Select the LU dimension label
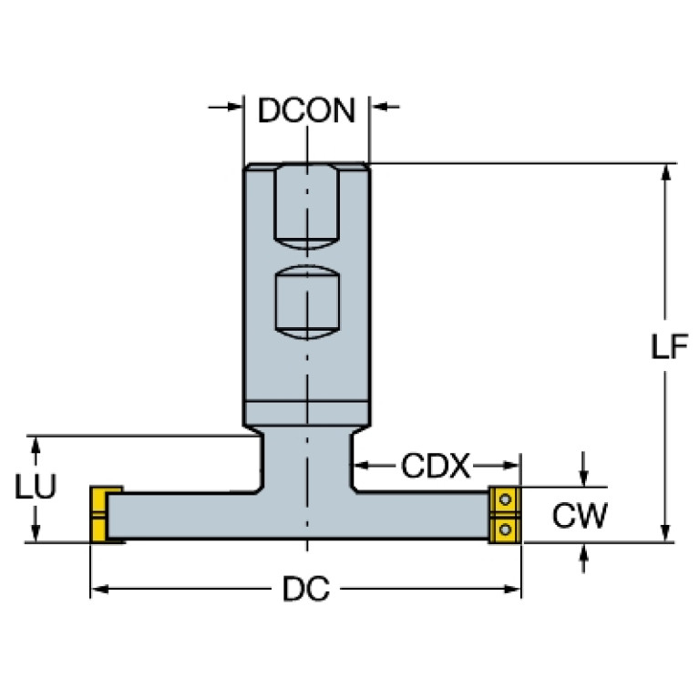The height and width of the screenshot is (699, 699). (x=36, y=488)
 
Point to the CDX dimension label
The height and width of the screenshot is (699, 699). (x=435, y=468)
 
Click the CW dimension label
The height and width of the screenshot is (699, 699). (x=581, y=516)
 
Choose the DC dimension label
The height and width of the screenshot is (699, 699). (x=306, y=591)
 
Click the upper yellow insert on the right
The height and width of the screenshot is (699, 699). (x=504, y=500)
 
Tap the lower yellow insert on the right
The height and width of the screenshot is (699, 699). (x=504, y=529)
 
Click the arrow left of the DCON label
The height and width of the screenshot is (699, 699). (x=233, y=108)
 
